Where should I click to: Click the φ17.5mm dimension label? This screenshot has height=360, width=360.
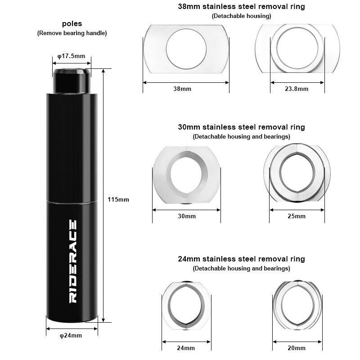[71, 56]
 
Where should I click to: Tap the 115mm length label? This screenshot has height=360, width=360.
[118, 199]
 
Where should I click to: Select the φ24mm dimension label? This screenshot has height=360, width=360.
[71, 335]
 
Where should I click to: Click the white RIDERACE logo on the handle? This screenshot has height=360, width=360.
[73, 261]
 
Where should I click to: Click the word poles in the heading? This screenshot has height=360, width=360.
[72, 24]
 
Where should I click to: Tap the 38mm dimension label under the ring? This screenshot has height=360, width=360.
[182, 89]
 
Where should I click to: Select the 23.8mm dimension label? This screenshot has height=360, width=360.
[297, 89]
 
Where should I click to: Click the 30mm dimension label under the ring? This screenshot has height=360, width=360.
[187, 216]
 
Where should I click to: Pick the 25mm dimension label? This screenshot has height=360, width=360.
[297, 216]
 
